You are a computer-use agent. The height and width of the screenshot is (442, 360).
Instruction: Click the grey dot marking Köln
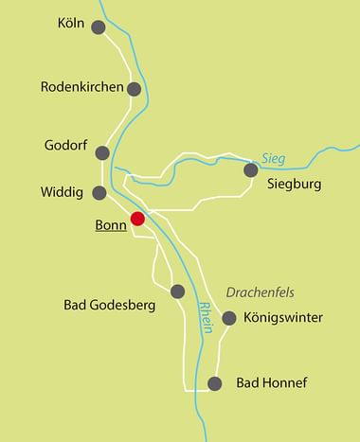(98, 27)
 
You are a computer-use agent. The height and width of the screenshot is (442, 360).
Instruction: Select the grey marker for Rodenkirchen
(135, 89)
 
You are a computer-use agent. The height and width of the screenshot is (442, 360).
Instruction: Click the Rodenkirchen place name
(82, 87)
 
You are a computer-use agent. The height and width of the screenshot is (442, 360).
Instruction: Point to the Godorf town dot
(102, 152)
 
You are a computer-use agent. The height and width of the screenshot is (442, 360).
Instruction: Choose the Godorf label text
(65, 148)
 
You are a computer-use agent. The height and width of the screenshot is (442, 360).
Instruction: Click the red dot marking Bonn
(137, 219)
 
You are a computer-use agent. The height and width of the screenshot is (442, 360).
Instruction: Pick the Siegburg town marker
(250, 170)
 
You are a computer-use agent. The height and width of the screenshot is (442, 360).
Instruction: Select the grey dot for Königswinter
(227, 318)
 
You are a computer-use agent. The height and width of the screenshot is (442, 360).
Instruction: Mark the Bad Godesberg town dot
(177, 291)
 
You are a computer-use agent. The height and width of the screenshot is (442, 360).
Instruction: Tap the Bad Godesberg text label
(110, 305)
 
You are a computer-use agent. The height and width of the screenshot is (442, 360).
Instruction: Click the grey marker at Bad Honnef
(215, 383)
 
